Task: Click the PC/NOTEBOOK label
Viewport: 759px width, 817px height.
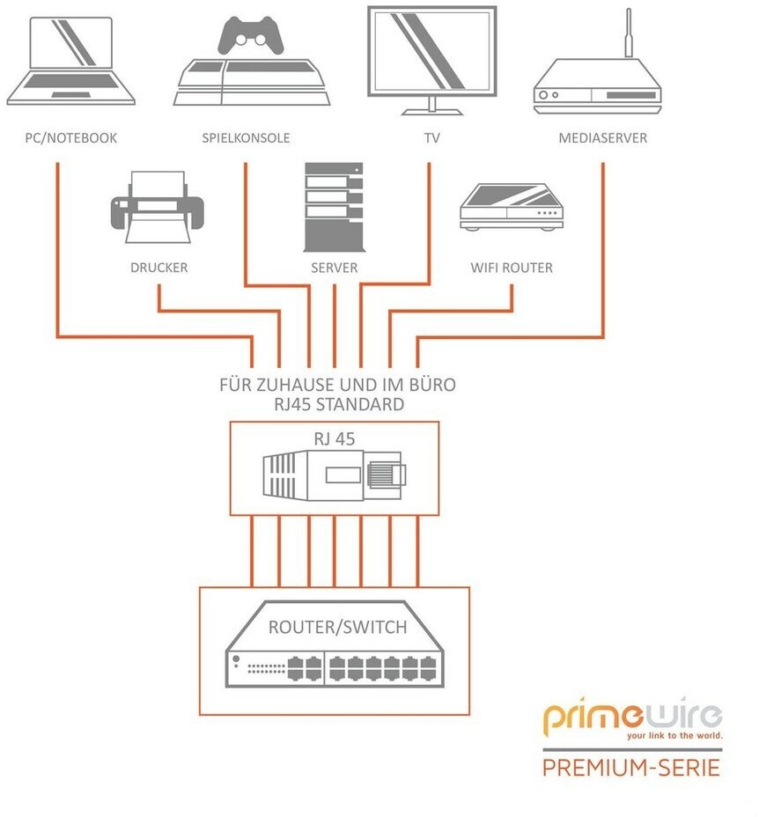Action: [x=71, y=138]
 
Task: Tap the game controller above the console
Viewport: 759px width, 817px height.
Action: [x=251, y=35]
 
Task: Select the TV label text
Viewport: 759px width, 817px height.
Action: [x=432, y=138]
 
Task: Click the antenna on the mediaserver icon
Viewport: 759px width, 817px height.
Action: [x=629, y=33]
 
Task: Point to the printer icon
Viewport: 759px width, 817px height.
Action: [x=157, y=207]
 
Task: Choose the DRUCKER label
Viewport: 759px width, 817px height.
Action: [x=159, y=268]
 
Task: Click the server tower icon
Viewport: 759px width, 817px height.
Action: [x=334, y=207]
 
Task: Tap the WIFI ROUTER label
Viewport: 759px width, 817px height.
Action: [x=512, y=268]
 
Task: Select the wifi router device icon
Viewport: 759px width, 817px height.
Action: [x=512, y=207]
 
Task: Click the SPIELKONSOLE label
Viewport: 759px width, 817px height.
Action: [x=246, y=138]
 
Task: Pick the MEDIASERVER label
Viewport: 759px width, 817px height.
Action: [x=603, y=138]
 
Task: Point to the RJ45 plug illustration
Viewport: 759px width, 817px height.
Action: [x=334, y=476]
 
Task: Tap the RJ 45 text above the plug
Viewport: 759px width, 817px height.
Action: [x=334, y=438]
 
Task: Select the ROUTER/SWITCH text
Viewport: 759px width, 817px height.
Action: [x=338, y=627]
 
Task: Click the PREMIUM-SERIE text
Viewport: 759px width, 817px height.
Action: [x=631, y=768]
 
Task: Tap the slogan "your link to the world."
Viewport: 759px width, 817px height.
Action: [x=675, y=736]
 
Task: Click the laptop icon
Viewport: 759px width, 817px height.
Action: [x=71, y=61]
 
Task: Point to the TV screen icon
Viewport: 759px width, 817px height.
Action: [x=432, y=60]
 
